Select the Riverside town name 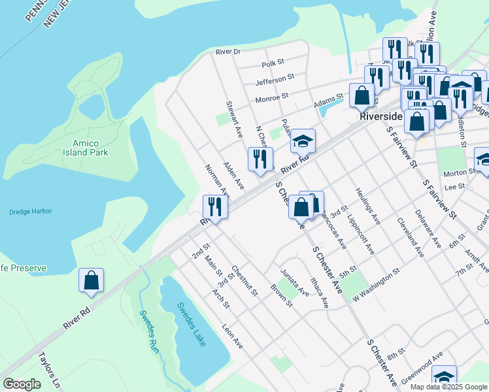point(381,116)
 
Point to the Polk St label point(273,63)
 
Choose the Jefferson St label point(275,80)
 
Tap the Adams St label point(328,103)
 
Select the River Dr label point(228,51)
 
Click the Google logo point(22,385)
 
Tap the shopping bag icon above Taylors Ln point(92,280)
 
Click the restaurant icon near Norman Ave point(215,207)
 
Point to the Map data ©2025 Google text point(448,387)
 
